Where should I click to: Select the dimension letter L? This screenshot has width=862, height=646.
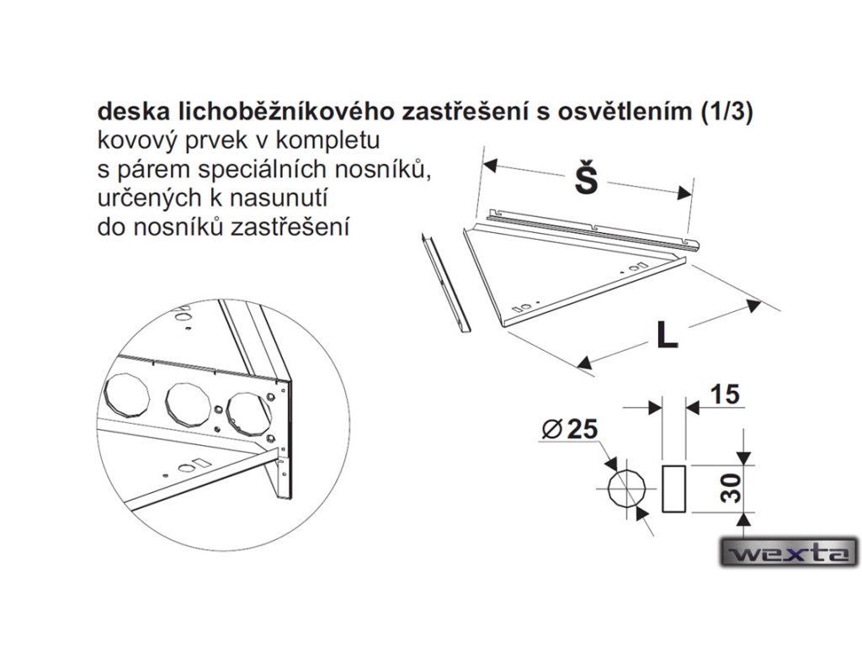(x=667, y=336)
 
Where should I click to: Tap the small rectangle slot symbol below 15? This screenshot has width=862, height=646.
(x=675, y=488)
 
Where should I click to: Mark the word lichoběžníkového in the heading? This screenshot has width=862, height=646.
(x=268, y=112)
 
